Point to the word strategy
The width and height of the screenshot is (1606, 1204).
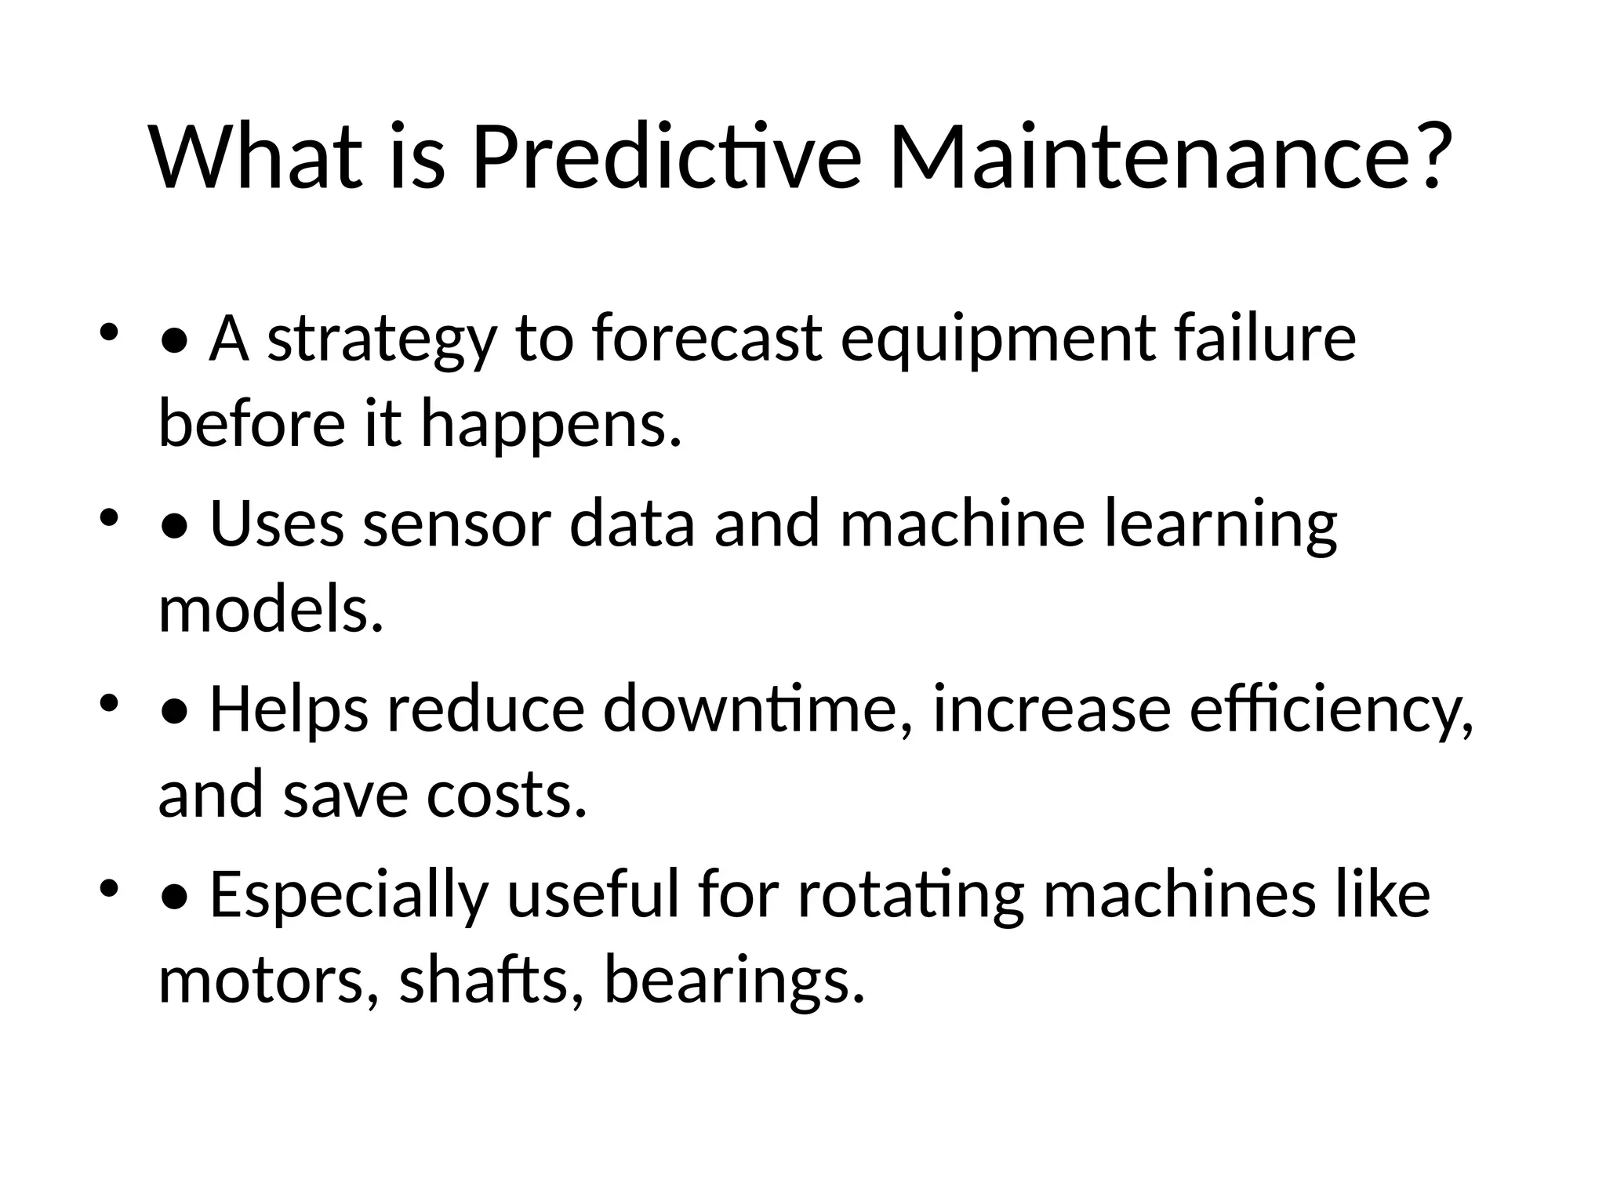tap(382, 340)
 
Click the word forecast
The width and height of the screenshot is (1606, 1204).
tap(707, 339)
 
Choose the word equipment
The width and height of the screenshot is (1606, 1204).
tap(997, 340)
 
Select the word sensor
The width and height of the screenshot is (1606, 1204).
tap(456, 524)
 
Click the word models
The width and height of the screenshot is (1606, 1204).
tap(271, 610)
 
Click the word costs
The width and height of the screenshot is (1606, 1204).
tap(507, 795)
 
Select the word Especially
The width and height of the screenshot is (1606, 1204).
tap(348, 896)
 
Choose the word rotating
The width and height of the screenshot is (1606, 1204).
tap(910, 896)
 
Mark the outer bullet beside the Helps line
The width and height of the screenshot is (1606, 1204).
tap(108, 702)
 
